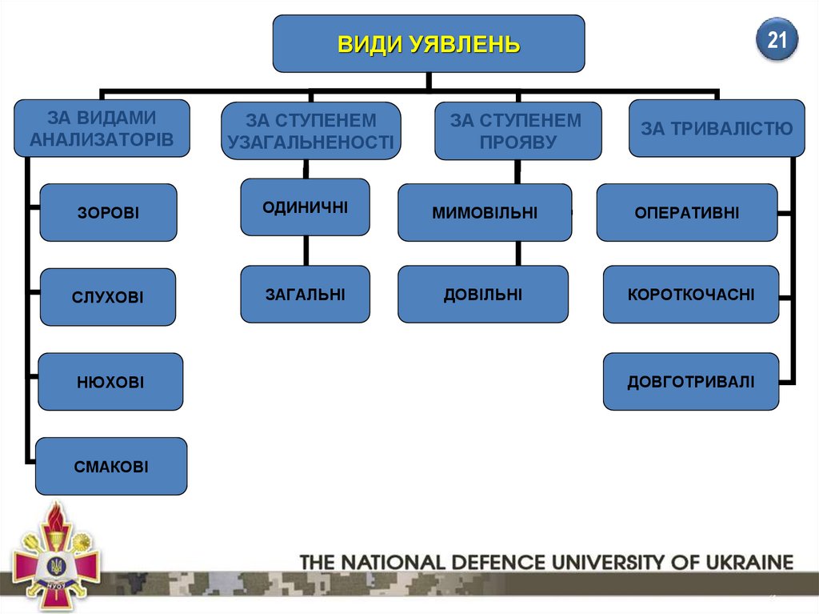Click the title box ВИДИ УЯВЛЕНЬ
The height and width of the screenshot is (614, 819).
[x=429, y=43]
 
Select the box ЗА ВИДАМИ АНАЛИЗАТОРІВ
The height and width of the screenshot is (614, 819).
[x=102, y=128]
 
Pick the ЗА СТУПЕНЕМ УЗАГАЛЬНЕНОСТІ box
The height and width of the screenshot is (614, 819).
[x=311, y=131]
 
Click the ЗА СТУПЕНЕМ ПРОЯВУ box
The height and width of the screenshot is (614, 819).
[x=517, y=130]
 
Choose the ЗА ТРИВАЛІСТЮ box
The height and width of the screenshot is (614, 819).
[x=717, y=128]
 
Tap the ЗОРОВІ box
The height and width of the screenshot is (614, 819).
[x=108, y=213]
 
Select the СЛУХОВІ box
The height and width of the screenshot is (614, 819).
[x=108, y=297]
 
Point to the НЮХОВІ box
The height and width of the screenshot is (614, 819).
[x=110, y=382]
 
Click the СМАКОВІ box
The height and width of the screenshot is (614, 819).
[x=111, y=466]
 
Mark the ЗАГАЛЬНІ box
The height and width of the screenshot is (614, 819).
[x=305, y=294]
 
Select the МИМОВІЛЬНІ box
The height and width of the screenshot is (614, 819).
[x=485, y=213]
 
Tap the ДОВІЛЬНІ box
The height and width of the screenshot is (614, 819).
[x=483, y=294]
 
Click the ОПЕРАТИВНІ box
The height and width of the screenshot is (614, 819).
[x=687, y=213]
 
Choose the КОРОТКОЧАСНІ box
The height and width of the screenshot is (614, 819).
[x=691, y=294]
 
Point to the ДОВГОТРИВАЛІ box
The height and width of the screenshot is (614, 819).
[x=691, y=382]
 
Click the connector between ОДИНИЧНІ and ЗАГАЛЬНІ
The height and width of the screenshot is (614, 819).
[x=305, y=251]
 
